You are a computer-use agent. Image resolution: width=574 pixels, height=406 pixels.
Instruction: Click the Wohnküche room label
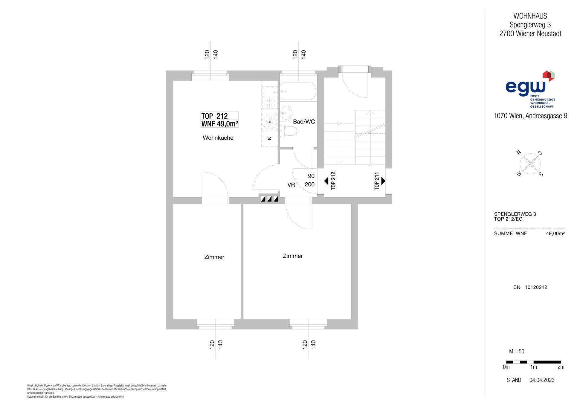point(218,138)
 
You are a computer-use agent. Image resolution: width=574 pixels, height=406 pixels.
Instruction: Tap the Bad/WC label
point(304,122)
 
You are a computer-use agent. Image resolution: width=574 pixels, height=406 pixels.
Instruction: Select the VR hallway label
point(291,185)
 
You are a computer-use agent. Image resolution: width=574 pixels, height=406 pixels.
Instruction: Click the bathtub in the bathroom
point(298,91)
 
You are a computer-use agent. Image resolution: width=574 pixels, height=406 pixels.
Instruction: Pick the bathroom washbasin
point(286,113)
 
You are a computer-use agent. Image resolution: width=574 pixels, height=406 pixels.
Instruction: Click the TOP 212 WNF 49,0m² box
point(219,120)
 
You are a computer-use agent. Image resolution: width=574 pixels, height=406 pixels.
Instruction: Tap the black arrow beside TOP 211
point(383,181)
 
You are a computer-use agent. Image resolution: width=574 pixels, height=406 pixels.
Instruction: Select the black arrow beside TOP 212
point(326,181)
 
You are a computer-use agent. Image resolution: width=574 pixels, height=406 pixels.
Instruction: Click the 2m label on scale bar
point(561,367)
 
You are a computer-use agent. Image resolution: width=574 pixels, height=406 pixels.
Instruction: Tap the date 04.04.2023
point(542,380)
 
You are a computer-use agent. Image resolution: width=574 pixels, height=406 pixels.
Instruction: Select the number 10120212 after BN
point(536,287)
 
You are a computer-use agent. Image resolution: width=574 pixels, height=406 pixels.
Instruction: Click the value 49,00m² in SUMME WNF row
point(555,233)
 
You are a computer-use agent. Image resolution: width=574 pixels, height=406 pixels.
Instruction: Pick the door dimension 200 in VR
point(310,184)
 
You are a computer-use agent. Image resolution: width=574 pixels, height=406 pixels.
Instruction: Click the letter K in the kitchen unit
point(269,138)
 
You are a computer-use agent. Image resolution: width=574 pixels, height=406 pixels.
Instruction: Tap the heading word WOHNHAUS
point(530,16)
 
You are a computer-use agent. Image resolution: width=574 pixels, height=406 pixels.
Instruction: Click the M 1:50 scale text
point(517,352)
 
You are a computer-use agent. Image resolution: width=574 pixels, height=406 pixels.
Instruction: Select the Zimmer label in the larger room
point(293,256)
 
